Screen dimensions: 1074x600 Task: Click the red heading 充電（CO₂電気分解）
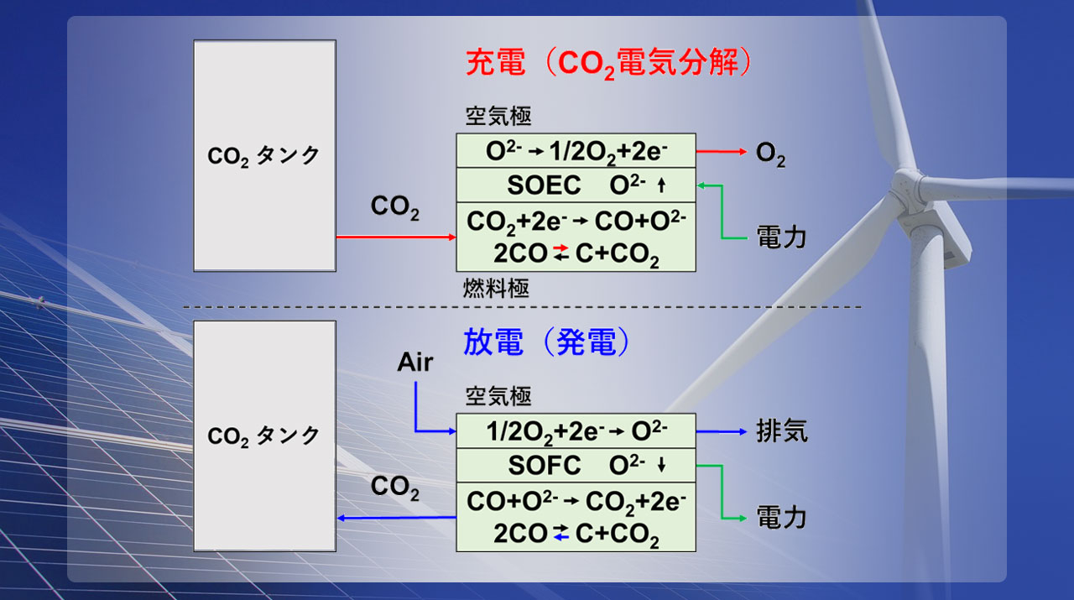coord(609,63)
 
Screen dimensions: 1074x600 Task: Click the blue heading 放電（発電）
coord(546,342)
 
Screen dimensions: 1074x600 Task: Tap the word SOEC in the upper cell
coord(544,185)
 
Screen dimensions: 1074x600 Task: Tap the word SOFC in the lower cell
coord(545,465)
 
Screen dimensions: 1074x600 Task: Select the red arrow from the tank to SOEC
coord(396,237)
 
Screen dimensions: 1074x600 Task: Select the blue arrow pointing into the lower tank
coord(396,518)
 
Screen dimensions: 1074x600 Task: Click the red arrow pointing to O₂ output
coord(721,152)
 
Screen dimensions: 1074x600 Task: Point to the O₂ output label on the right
coord(770,154)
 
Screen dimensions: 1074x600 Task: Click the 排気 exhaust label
coord(782,430)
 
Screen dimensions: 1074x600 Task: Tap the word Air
coord(414,363)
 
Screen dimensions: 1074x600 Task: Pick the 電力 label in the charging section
coord(781,237)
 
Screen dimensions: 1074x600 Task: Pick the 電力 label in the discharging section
coord(781,518)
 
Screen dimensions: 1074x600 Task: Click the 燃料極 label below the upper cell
coord(496,288)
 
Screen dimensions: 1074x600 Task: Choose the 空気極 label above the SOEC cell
coord(498,116)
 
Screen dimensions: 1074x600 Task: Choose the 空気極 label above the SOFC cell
coord(498,397)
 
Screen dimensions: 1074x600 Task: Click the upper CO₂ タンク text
coord(263,156)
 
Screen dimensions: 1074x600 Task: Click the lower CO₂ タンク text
coord(263,436)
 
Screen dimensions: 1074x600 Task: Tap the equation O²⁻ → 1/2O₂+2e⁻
coord(576,152)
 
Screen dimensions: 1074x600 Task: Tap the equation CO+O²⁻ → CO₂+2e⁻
coord(576,502)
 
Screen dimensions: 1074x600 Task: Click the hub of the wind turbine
coord(908,188)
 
